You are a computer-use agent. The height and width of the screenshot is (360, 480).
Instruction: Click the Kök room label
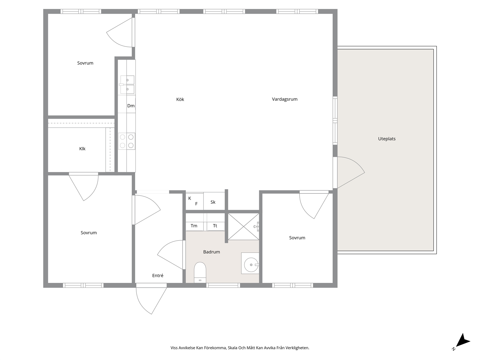coord(180,99)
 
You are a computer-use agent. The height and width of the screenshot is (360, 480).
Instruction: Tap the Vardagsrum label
coord(285,99)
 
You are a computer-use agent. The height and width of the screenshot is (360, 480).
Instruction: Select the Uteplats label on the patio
coord(387,139)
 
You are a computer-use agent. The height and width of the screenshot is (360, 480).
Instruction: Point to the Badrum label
coord(211,252)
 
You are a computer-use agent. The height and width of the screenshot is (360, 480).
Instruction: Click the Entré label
coord(158,275)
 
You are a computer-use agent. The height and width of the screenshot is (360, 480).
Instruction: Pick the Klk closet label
coord(82,149)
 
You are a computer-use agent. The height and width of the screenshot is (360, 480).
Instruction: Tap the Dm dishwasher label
coord(131,106)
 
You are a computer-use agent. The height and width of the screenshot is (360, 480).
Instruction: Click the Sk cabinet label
coord(213,202)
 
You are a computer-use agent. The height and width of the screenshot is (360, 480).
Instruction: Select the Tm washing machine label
coord(194,226)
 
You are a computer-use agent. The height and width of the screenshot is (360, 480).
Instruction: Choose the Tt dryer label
coord(215,226)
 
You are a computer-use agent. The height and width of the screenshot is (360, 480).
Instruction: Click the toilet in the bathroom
coord(200,272)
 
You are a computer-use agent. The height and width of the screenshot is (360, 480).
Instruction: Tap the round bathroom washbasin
coord(251,265)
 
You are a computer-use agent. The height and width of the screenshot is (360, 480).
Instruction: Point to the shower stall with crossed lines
coord(244,227)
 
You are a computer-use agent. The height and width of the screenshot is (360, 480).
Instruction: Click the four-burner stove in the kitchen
coord(127,141)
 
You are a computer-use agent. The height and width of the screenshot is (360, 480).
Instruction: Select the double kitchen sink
coord(127,85)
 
